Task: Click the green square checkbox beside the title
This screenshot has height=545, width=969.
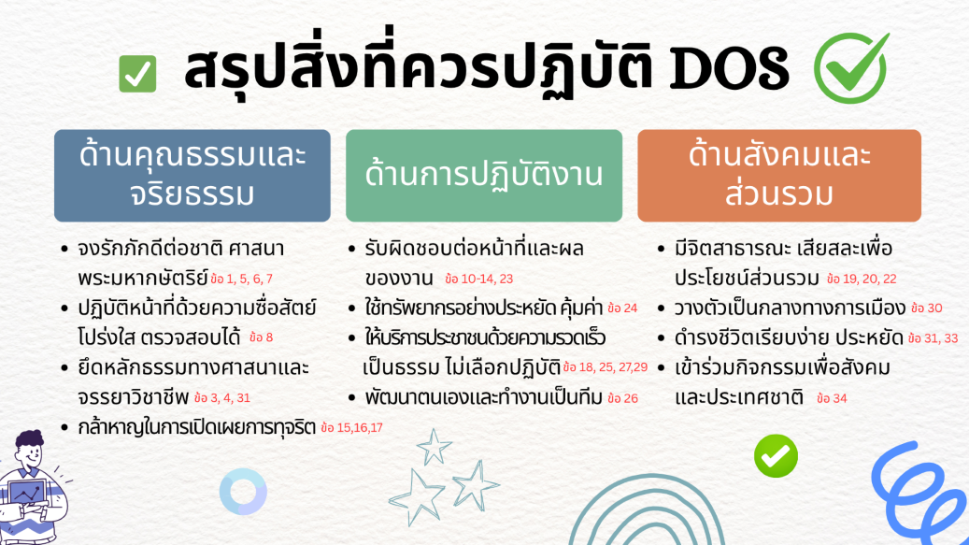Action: point(137,74)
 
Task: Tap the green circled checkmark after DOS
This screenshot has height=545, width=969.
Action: point(851,68)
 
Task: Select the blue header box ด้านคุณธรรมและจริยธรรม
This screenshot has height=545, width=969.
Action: point(192,176)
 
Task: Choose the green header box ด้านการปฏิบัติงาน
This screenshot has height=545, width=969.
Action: point(484,176)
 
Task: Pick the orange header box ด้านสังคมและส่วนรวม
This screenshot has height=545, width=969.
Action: point(779,176)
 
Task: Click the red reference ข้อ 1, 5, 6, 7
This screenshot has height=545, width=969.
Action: point(241,280)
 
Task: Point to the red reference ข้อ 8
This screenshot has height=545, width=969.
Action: point(261,337)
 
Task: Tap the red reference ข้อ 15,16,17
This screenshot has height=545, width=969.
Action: point(351,427)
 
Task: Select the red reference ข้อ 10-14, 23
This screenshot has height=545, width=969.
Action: point(479,280)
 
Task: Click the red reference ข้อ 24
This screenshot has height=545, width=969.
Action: point(622,308)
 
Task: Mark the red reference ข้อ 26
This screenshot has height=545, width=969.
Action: point(622,398)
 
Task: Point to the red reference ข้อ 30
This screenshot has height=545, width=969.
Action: point(926,308)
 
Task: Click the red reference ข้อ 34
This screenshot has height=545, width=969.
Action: point(832,398)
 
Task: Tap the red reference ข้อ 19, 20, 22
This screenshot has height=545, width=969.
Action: point(862,280)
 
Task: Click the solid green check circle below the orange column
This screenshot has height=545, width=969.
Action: point(776,456)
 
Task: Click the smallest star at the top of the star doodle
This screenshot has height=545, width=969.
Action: point(434,447)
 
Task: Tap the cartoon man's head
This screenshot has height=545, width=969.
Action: point(30,450)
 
